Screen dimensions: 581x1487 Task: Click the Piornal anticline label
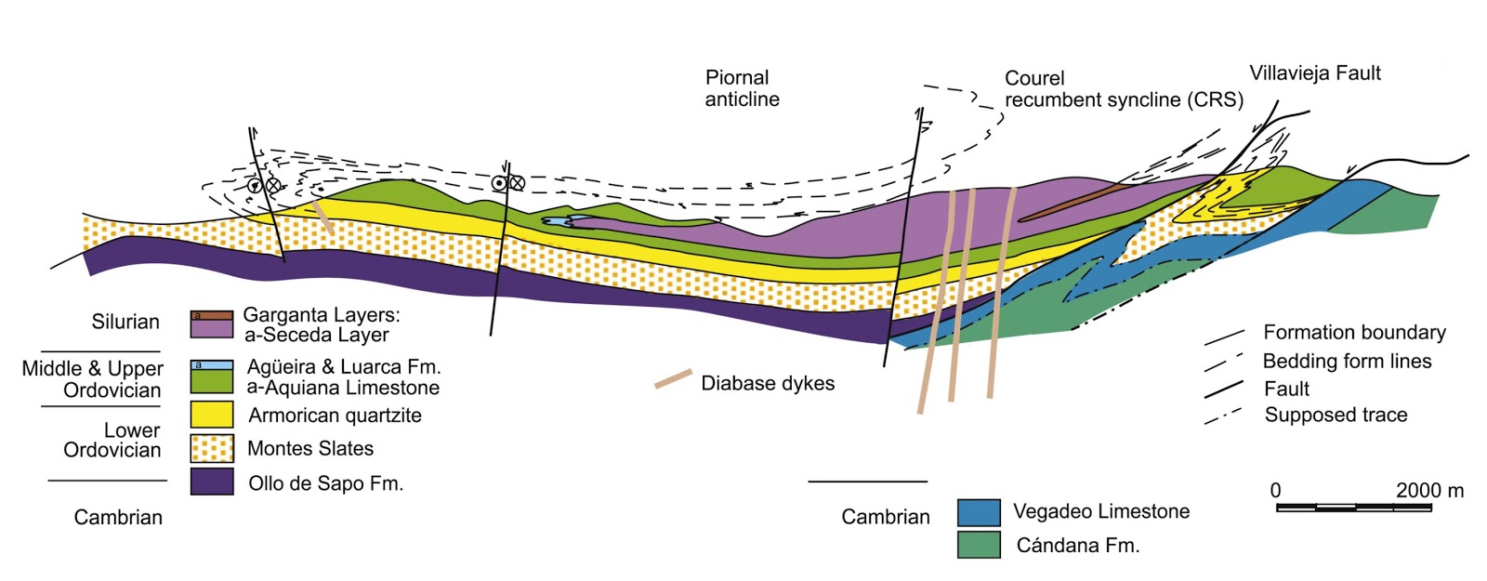coord(741,88)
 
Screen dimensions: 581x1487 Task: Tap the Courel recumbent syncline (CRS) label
coord(1123,89)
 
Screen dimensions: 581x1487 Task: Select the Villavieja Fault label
coord(1314,73)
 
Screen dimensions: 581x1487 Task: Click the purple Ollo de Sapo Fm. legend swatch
coord(212,482)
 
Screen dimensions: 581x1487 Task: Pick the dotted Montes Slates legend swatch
coord(212,448)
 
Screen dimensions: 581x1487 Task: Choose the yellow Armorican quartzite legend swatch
coord(212,415)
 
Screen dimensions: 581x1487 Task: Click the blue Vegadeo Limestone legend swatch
coord(979,512)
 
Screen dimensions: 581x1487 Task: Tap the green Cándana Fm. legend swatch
coord(979,545)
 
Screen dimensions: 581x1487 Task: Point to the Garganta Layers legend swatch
coord(212,324)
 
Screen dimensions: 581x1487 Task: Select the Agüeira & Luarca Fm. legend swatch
coord(212,377)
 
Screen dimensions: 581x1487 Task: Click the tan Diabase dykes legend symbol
coord(673,378)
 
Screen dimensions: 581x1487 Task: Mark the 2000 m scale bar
coord(1353,508)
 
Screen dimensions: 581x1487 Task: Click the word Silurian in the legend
coord(125,323)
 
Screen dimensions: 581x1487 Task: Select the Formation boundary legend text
coord(1353,333)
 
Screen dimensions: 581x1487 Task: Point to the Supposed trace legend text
coord(1336,416)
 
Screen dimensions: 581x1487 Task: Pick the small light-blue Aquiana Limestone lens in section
coord(562,221)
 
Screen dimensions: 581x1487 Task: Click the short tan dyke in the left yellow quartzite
coord(322,217)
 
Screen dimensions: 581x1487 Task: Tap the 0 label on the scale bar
coord(1275,491)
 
